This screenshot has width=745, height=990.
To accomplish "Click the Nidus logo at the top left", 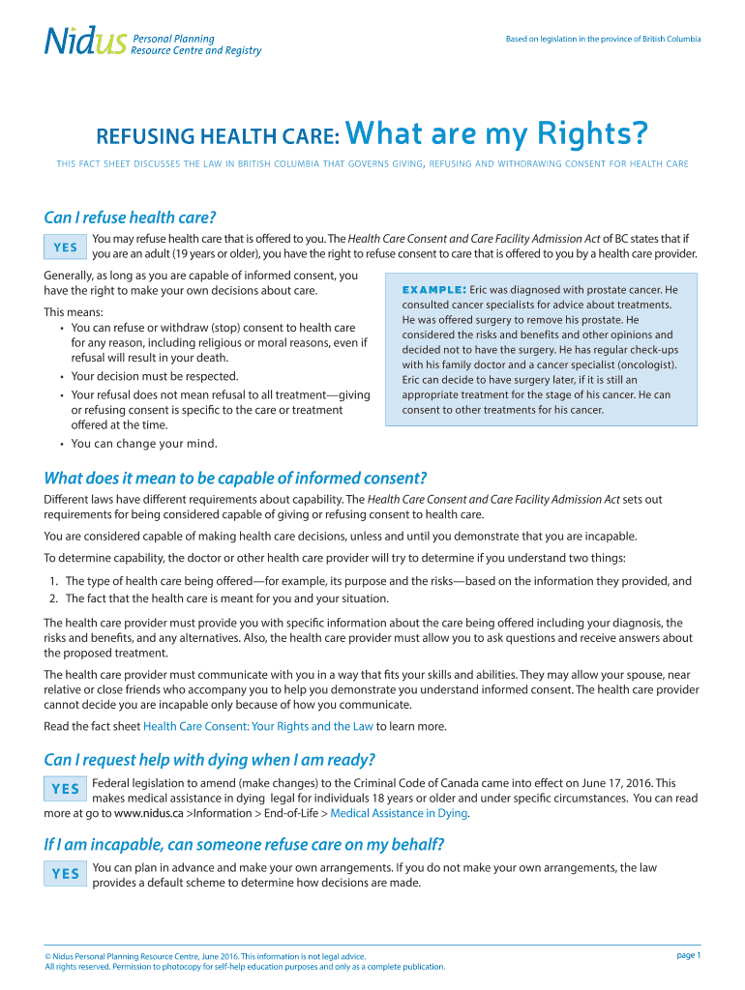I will click(85, 42).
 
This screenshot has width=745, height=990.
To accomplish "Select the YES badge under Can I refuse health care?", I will click(65, 247).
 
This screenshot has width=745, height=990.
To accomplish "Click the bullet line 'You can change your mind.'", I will click(144, 444).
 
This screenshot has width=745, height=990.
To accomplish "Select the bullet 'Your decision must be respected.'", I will click(154, 376).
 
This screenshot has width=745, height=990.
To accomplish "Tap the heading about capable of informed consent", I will click(235, 478).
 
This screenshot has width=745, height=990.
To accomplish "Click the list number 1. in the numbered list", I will click(54, 581).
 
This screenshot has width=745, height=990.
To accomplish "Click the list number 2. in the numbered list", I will click(54, 598).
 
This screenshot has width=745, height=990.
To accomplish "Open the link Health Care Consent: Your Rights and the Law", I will click(257, 726).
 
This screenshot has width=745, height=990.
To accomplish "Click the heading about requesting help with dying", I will click(209, 758).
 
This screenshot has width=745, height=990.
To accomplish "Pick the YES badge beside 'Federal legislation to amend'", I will click(65, 789).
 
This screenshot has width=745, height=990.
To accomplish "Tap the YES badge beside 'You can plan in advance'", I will click(65, 874).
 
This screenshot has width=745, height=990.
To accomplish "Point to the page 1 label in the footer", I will click(688, 955).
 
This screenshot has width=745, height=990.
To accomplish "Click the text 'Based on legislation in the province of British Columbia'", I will click(603, 39).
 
